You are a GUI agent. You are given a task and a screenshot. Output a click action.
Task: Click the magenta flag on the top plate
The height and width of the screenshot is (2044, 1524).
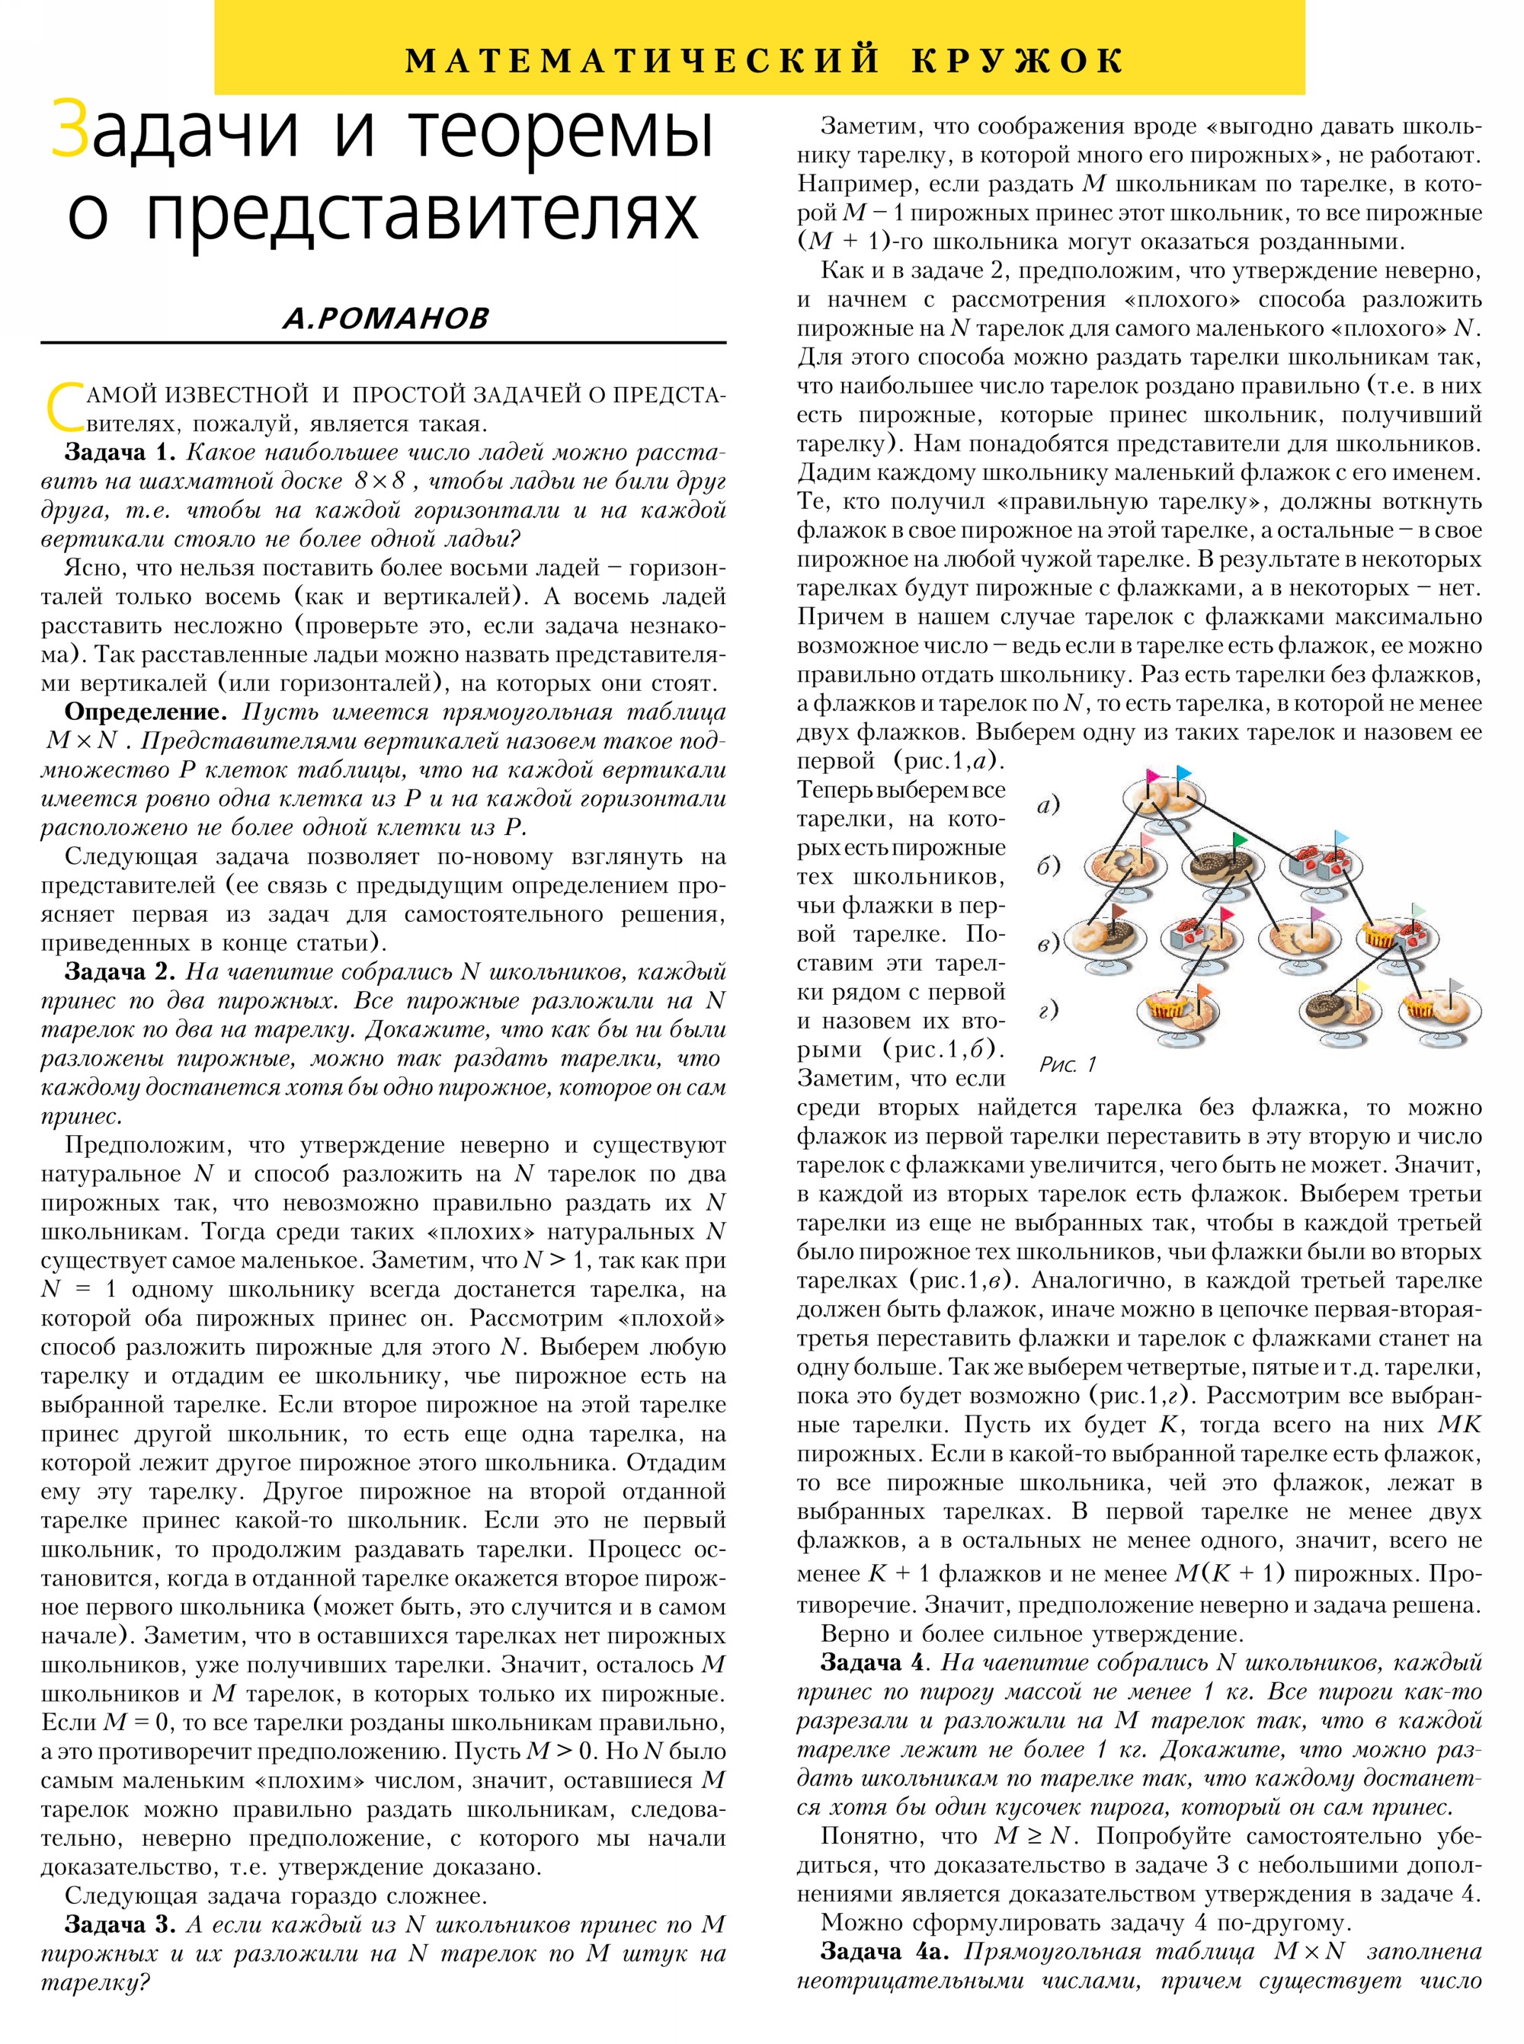point(1151,776)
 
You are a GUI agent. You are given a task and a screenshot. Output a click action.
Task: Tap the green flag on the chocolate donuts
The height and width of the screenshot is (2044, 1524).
point(1238,840)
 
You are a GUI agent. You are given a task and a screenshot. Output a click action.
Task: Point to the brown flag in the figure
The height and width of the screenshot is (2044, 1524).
point(1119,910)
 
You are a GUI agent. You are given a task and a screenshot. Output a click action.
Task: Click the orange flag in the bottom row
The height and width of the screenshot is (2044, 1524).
point(1204,990)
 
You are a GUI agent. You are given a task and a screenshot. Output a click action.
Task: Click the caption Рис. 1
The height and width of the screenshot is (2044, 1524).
point(1068,1064)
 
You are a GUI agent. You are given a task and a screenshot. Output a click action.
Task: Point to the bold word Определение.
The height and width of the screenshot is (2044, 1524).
point(145,712)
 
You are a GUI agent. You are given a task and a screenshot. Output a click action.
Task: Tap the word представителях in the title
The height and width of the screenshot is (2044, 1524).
point(422,215)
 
